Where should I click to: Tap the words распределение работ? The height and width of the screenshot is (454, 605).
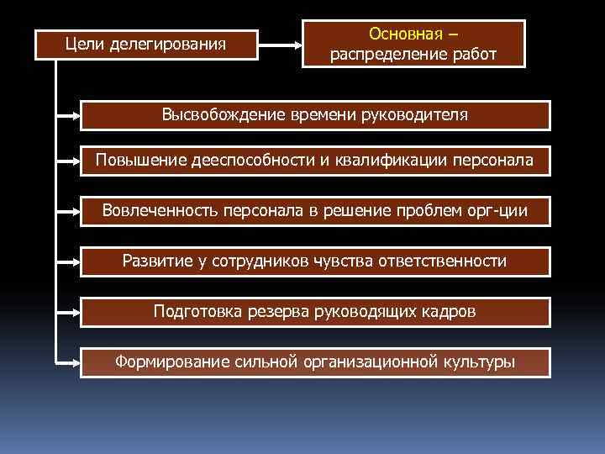tap(413, 55)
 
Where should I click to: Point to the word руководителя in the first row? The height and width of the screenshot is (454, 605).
tap(413, 114)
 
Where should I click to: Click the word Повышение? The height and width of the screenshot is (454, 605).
tap(133, 160)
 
